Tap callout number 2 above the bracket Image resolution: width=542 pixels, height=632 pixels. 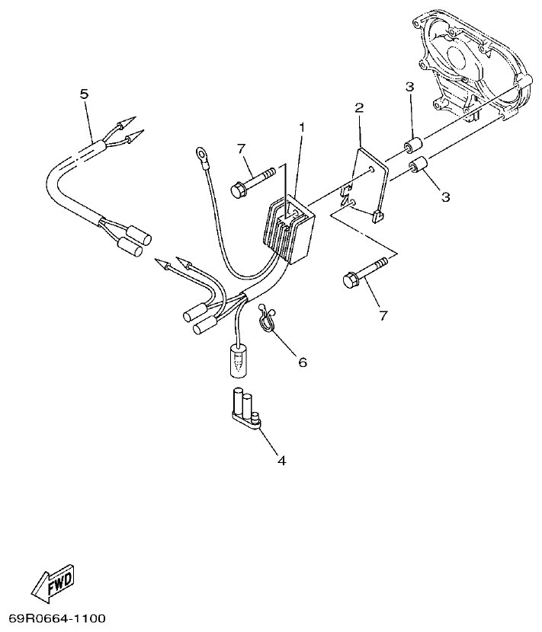[359, 108]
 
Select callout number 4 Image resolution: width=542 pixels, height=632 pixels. [281, 461]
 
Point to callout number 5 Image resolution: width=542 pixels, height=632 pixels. [84, 94]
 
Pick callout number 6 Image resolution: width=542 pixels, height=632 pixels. [302, 362]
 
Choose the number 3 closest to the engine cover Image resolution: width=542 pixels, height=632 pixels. [409, 88]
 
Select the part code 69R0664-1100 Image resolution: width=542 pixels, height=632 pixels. [57, 618]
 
